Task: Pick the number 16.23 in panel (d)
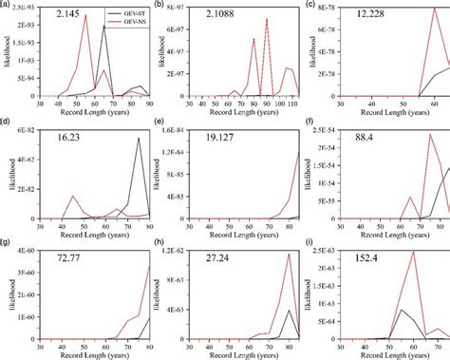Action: click(x=68, y=137)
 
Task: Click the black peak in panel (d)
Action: click(x=139, y=139)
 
